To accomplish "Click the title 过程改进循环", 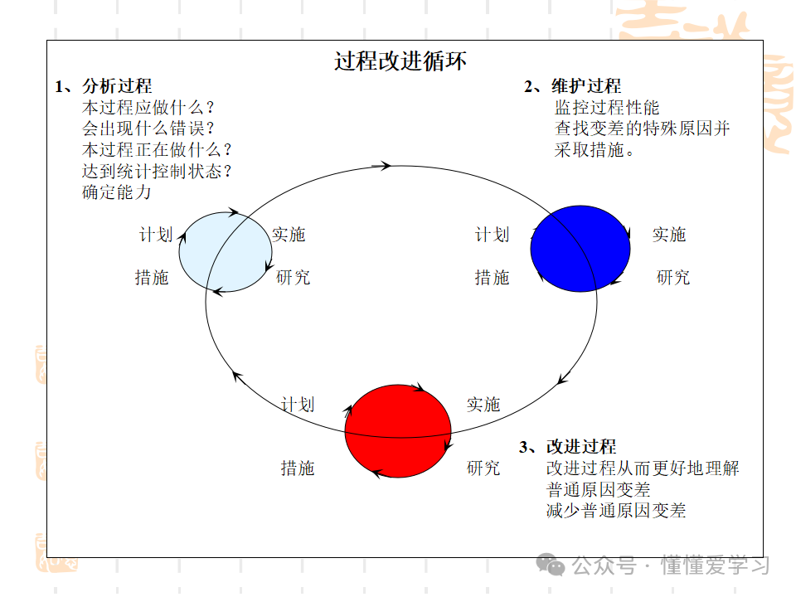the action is click(400, 61).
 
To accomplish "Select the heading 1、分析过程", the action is click(104, 86).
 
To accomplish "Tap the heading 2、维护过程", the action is click(572, 86).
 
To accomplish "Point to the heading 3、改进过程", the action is click(568, 447).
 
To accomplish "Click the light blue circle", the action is click(226, 252).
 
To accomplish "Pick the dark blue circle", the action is click(580, 250).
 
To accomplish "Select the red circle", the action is click(398, 431).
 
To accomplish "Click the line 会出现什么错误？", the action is click(148, 129).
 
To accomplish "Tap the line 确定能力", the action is click(117, 192).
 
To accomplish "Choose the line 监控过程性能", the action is click(607, 108).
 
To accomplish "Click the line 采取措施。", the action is click(595, 150).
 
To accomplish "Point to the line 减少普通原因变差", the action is click(616, 511).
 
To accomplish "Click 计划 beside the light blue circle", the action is click(155, 235).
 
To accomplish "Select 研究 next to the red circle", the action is click(483, 468).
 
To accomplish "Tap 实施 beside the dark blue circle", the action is click(669, 235).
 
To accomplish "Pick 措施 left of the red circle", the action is click(298, 468).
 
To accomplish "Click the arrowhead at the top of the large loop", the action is click(386, 166).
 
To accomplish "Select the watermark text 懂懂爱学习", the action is click(715, 566).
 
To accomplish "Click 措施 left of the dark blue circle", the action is click(492, 278).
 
